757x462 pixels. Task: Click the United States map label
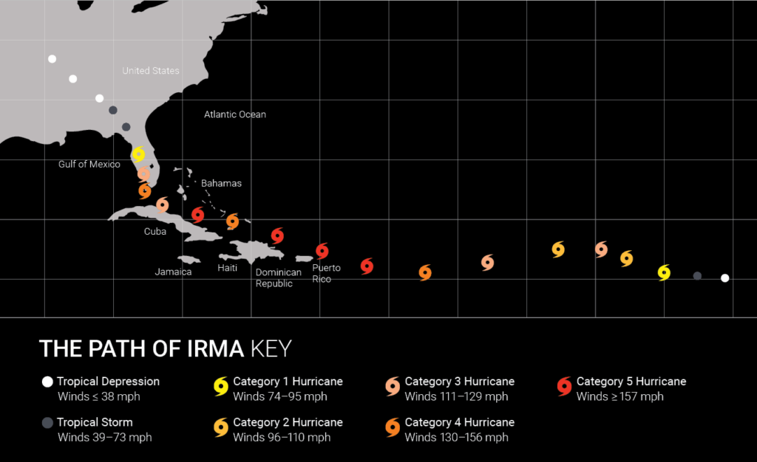pyautogui.click(x=151, y=71)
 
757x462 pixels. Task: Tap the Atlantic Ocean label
pyautogui.click(x=235, y=114)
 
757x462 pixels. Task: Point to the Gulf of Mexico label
pyautogui.click(x=89, y=164)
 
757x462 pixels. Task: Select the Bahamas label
pyautogui.click(x=221, y=183)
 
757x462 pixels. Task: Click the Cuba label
pyautogui.click(x=155, y=231)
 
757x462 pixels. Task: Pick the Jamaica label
pyautogui.click(x=173, y=272)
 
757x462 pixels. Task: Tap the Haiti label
pyautogui.click(x=228, y=268)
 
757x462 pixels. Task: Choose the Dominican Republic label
pyautogui.click(x=279, y=277)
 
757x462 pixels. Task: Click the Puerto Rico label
pyautogui.click(x=322, y=273)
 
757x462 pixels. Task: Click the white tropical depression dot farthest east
pyautogui.click(x=725, y=278)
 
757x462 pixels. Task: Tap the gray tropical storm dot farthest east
pyautogui.click(x=697, y=276)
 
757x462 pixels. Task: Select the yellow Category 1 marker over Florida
pyautogui.click(x=138, y=155)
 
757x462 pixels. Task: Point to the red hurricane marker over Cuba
pyautogui.click(x=197, y=215)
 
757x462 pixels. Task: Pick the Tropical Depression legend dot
pyautogui.click(x=48, y=382)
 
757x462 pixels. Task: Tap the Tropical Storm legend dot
pyautogui.click(x=48, y=423)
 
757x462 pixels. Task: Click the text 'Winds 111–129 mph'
pyautogui.click(x=456, y=396)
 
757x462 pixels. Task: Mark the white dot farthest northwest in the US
pyautogui.click(x=52, y=59)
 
